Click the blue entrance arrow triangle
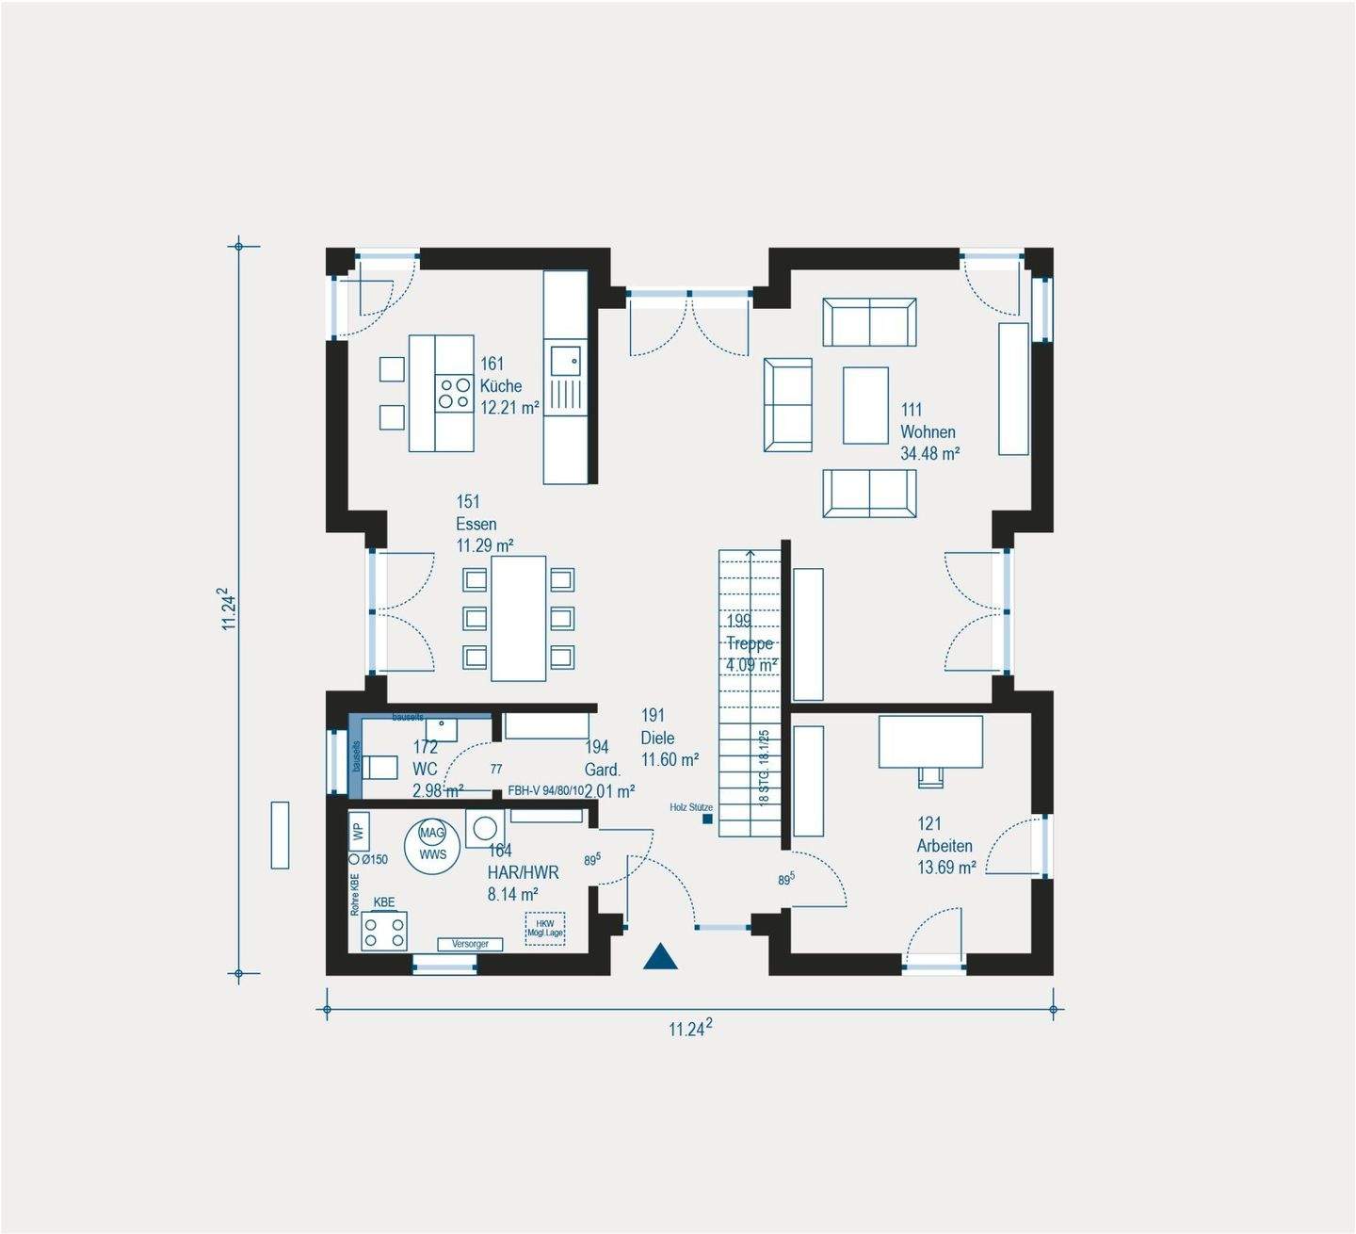(x=661, y=958)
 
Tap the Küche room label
(x=500, y=385)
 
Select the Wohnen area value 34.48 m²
(x=929, y=454)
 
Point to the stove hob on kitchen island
(x=454, y=393)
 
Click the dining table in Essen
(x=518, y=618)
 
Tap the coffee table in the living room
(x=865, y=405)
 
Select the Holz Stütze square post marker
(x=706, y=820)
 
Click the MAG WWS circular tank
(x=432, y=844)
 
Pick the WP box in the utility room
(x=358, y=831)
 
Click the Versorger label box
(x=470, y=944)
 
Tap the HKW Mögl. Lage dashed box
(x=545, y=928)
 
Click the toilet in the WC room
(x=379, y=767)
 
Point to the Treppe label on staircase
(x=750, y=643)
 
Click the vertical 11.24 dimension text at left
(x=229, y=609)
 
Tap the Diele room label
(x=657, y=738)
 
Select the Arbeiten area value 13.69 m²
(x=946, y=868)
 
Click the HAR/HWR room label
(x=523, y=872)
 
